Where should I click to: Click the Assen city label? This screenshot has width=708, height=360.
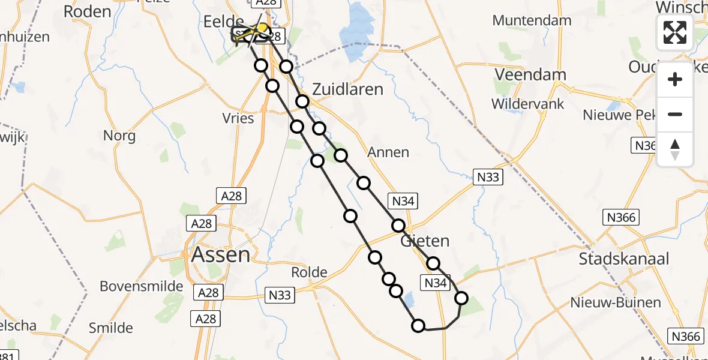(220, 255)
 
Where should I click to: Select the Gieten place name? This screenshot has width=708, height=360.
(425, 241)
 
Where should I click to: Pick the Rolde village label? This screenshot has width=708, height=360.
(309, 272)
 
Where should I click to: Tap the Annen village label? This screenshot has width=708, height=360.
(389, 152)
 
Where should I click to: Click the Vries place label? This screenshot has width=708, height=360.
(238, 118)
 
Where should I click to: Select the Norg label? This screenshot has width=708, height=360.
(119, 136)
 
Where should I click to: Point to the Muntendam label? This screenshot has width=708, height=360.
(532, 20)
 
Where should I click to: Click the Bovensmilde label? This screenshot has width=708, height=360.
(142, 286)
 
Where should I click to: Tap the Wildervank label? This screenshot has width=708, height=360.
(528, 104)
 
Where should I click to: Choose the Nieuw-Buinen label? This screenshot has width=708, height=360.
(624, 303)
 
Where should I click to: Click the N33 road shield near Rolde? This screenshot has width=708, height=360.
(279, 295)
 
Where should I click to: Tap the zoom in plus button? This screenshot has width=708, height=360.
(675, 79)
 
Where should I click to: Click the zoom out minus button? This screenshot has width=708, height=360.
(675, 114)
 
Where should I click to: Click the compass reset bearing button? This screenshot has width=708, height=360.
(675, 149)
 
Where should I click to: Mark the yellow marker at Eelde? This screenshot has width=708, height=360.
(262, 28)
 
